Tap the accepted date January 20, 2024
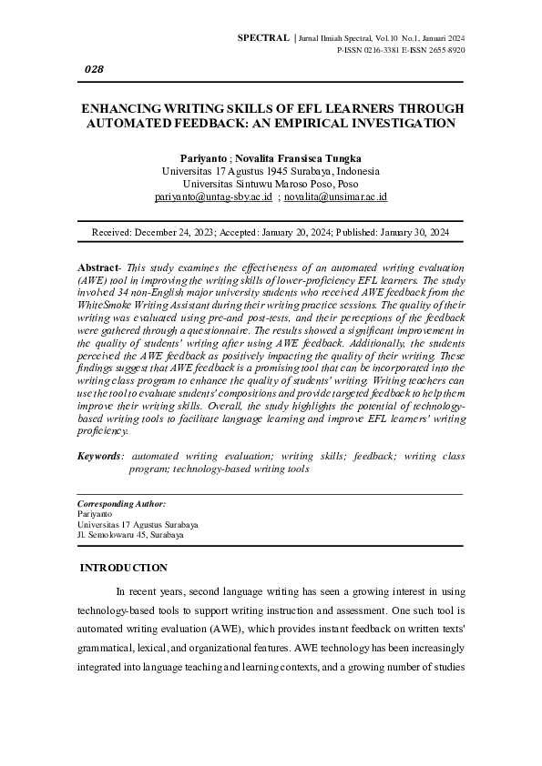tap(288, 233)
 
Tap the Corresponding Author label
tap(121, 503)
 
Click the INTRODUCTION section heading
tap(124, 569)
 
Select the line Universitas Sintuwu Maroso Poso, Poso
tap(271, 184)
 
